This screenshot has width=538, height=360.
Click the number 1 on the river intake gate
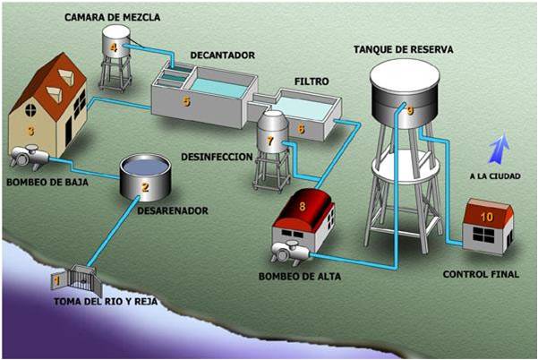point(58,281)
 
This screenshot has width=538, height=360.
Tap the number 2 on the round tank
point(143,187)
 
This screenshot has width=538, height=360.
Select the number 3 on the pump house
point(30,131)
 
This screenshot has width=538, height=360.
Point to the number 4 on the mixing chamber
point(114,47)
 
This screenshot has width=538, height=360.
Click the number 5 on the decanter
point(186,101)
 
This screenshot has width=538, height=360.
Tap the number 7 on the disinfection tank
point(269,140)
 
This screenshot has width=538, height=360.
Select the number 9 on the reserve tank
point(409,111)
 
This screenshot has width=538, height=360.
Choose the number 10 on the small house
point(488,217)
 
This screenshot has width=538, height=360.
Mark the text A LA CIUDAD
point(496,176)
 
